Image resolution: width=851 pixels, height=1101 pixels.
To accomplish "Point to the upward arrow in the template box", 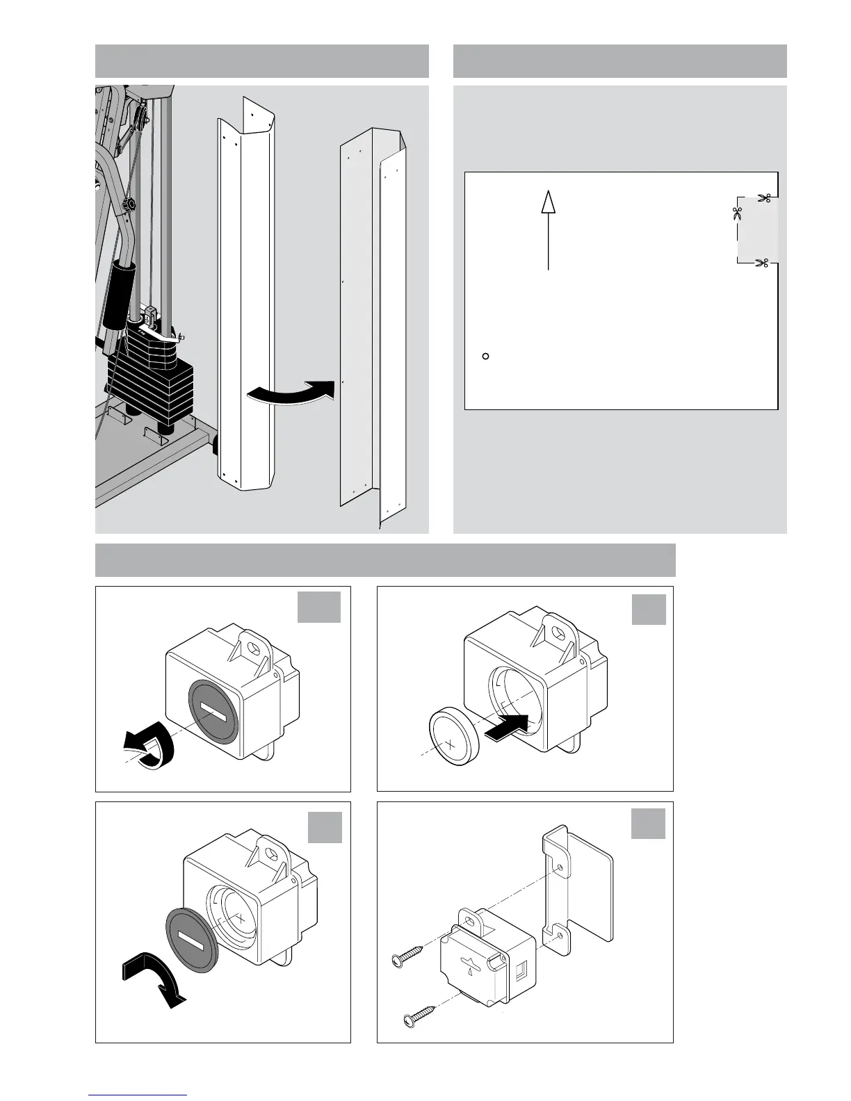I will tap(549, 229).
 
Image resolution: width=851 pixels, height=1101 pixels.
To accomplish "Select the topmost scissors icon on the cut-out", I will tap(764, 198).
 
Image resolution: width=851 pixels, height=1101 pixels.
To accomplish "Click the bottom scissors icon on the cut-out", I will tap(762, 263).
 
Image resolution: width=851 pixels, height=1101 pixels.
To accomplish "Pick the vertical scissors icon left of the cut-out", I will tap(737, 213).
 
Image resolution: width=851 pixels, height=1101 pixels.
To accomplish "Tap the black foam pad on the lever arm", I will tap(115, 295).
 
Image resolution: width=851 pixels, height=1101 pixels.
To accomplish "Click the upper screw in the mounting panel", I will tap(411, 960).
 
